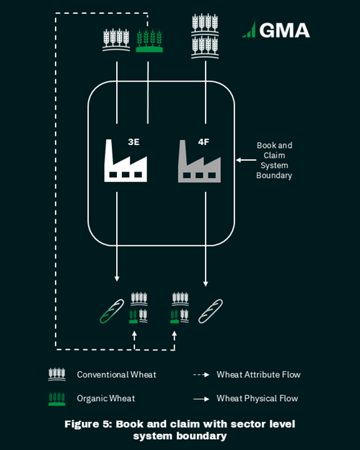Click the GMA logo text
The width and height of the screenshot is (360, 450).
(x=284, y=30)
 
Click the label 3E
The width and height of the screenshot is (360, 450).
(x=133, y=142)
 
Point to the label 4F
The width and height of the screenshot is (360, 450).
(x=203, y=142)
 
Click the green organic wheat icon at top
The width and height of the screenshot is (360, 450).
(x=149, y=40)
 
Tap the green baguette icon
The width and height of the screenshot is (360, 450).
(x=112, y=312)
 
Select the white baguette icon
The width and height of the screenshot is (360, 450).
(x=211, y=312)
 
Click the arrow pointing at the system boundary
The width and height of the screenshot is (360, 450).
(x=246, y=160)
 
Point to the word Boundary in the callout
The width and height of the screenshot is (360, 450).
(x=274, y=175)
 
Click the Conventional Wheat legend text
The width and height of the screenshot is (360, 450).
(x=117, y=374)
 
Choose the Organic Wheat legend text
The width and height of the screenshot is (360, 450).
(x=106, y=398)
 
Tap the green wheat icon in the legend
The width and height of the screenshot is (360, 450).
(x=57, y=399)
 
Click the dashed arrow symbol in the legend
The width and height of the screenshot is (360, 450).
(x=201, y=375)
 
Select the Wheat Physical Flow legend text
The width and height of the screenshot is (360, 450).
(x=258, y=398)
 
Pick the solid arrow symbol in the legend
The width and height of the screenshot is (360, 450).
(x=201, y=399)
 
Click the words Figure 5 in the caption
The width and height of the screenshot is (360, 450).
(x=88, y=424)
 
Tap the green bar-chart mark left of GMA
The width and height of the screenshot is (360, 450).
(x=249, y=30)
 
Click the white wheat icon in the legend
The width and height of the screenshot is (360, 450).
(x=57, y=374)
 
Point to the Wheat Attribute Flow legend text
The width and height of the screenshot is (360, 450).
(x=259, y=374)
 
